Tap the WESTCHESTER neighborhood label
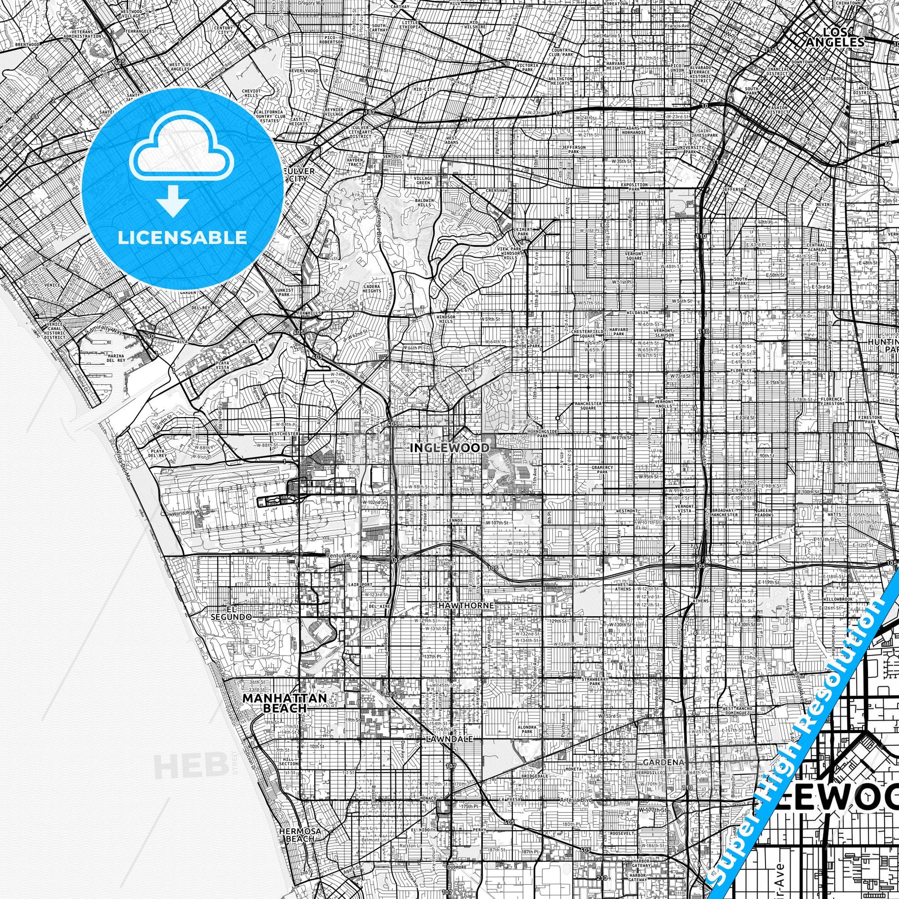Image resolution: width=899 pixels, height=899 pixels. [x=283, y=433]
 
